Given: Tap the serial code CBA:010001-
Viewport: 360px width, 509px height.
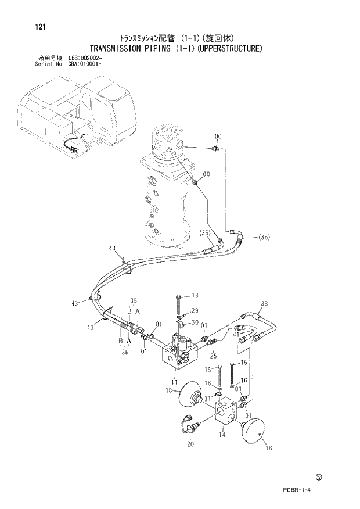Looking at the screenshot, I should tap(86, 63).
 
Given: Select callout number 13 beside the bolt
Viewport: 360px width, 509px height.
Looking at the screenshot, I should tap(195, 296).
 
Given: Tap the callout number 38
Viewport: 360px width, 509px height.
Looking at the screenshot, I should tap(264, 303).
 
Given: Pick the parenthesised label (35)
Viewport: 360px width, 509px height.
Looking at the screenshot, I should tap(206, 233).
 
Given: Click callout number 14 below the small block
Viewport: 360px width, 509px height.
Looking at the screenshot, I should tap(221, 433).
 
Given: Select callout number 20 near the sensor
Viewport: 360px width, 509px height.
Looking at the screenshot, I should tap(190, 445).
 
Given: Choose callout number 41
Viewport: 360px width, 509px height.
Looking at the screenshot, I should tap(236, 334).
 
